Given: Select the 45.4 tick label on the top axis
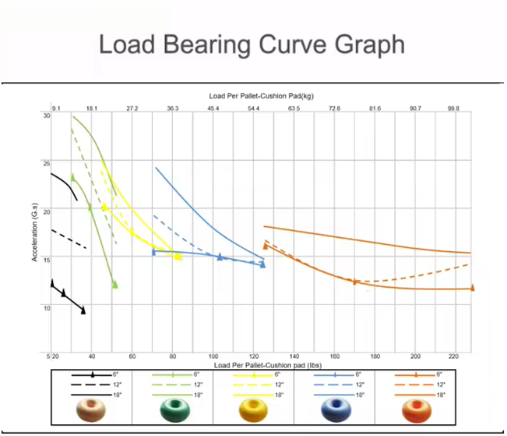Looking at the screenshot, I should coord(213,108).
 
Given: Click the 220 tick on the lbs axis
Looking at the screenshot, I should coord(456,356).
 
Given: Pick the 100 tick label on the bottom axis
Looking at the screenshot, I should coord(213,356).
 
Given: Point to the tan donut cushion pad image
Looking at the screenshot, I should coord(92,409).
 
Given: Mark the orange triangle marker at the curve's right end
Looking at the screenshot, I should coord(472,288).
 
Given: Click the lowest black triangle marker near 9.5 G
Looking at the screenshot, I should coord(83,310).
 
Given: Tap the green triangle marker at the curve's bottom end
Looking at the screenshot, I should coord(114,285).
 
